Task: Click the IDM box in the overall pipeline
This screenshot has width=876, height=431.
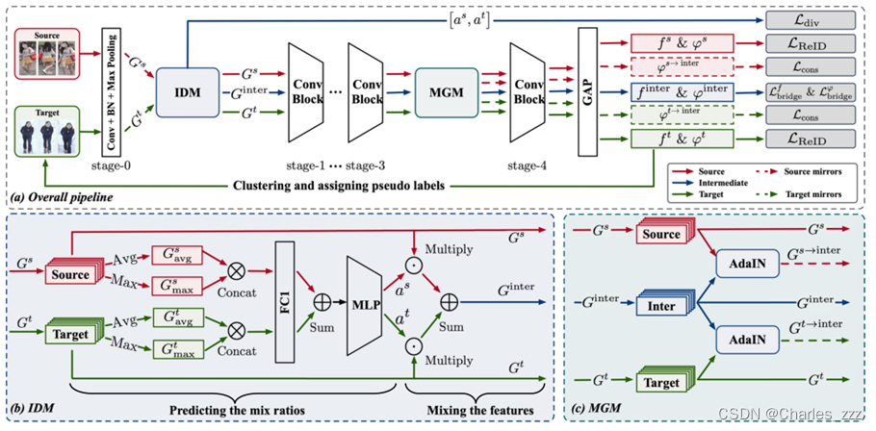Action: click(x=187, y=92)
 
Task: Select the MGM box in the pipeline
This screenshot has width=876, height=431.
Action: click(x=446, y=92)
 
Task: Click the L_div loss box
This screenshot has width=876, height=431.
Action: click(x=811, y=20)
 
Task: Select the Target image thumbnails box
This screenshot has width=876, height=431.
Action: click(x=47, y=133)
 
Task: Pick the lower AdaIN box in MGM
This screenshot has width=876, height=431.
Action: click(x=748, y=340)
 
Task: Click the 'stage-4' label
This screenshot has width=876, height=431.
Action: click(x=528, y=165)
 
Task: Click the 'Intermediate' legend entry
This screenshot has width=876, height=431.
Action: click(x=704, y=182)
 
